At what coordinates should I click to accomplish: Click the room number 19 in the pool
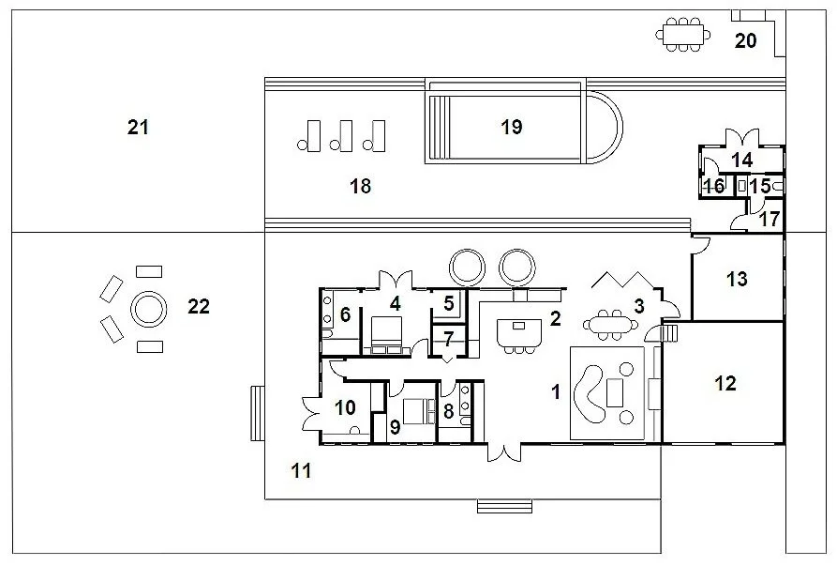pyautogui.click(x=512, y=127)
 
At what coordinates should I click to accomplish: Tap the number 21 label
pyautogui.click(x=138, y=128)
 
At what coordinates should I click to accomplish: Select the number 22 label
pyautogui.click(x=199, y=306)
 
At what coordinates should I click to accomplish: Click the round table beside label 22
pyautogui.click(x=148, y=309)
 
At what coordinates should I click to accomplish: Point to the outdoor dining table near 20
pyautogui.click(x=683, y=35)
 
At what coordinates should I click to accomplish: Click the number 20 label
pyautogui.click(x=745, y=40)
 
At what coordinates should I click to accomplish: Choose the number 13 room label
pyautogui.click(x=738, y=279)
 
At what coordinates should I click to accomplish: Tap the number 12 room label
pyautogui.click(x=725, y=383)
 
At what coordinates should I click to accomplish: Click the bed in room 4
pyautogui.click(x=386, y=335)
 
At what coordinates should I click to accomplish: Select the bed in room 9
pyautogui.click(x=418, y=411)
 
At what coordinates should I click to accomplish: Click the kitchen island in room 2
pyautogui.click(x=519, y=332)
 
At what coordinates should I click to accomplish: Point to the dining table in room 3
pyautogui.click(x=611, y=325)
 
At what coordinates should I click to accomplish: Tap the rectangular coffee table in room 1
pyautogui.click(x=616, y=391)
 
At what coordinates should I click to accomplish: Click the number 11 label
pyautogui.click(x=301, y=470)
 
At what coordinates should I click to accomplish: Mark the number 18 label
pyautogui.click(x=360, y=186)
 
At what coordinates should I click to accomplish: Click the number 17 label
pyautogui.click(x=770, y=219)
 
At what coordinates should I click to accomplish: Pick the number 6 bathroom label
pyautogui.click(x=345, y=314)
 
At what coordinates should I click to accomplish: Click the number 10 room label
pyautogui.click(x=345, y=407)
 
